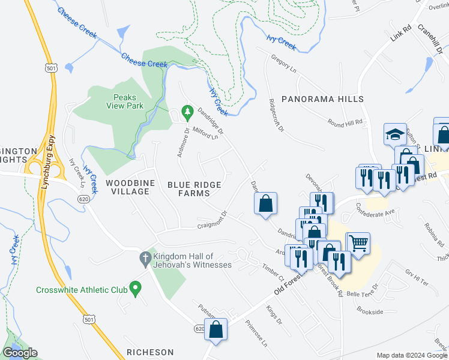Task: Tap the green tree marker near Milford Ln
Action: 187,112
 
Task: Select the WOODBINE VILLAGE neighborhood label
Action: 127,187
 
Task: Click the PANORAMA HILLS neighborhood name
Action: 323,98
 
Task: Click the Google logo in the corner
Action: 20,353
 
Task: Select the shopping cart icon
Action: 358,243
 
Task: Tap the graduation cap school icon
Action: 396,134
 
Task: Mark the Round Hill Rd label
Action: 345,123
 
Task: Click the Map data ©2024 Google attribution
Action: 411,355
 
